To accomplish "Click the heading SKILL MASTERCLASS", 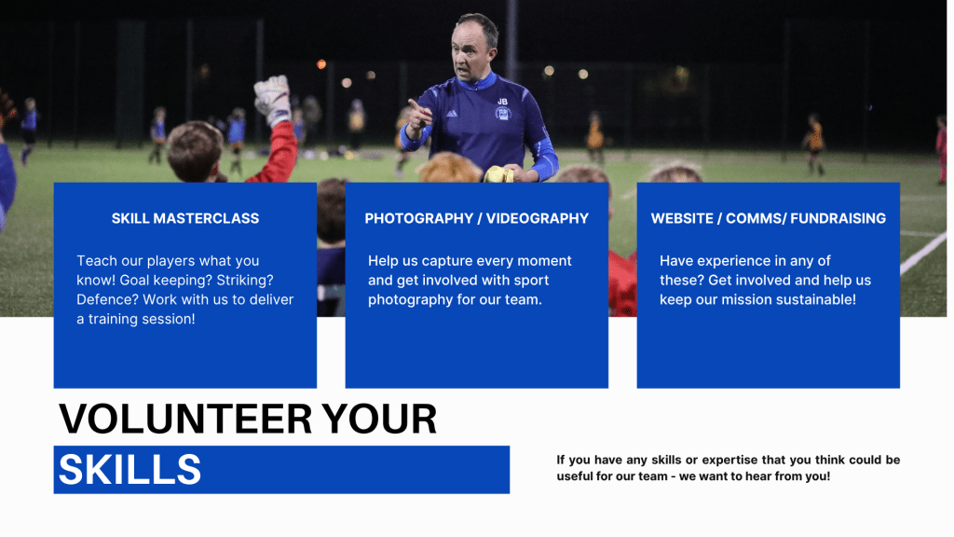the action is point(185,218).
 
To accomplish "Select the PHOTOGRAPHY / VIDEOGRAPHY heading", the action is point(476,218).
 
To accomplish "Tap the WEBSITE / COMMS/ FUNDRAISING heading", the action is point(769,218).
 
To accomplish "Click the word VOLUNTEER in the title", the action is point(185,419).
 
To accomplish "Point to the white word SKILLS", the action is point(129,470).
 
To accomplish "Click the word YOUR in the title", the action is point(379,419).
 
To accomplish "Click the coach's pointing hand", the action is point(419,116).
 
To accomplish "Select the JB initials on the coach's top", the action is point(502,102).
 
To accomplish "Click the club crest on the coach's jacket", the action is point(502,113).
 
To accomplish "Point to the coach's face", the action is point(470,52).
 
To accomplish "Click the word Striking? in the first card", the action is point(245,280).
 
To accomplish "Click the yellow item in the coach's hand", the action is point(499,174).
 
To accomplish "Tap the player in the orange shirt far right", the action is point(813,142).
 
